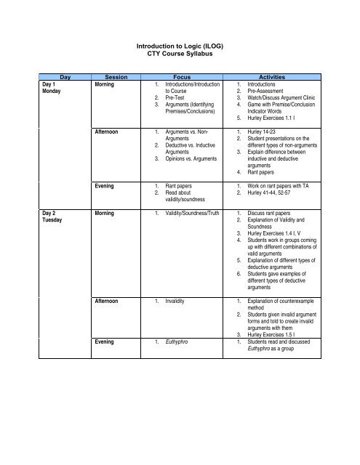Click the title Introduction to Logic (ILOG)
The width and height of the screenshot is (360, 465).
coord(180,45)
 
